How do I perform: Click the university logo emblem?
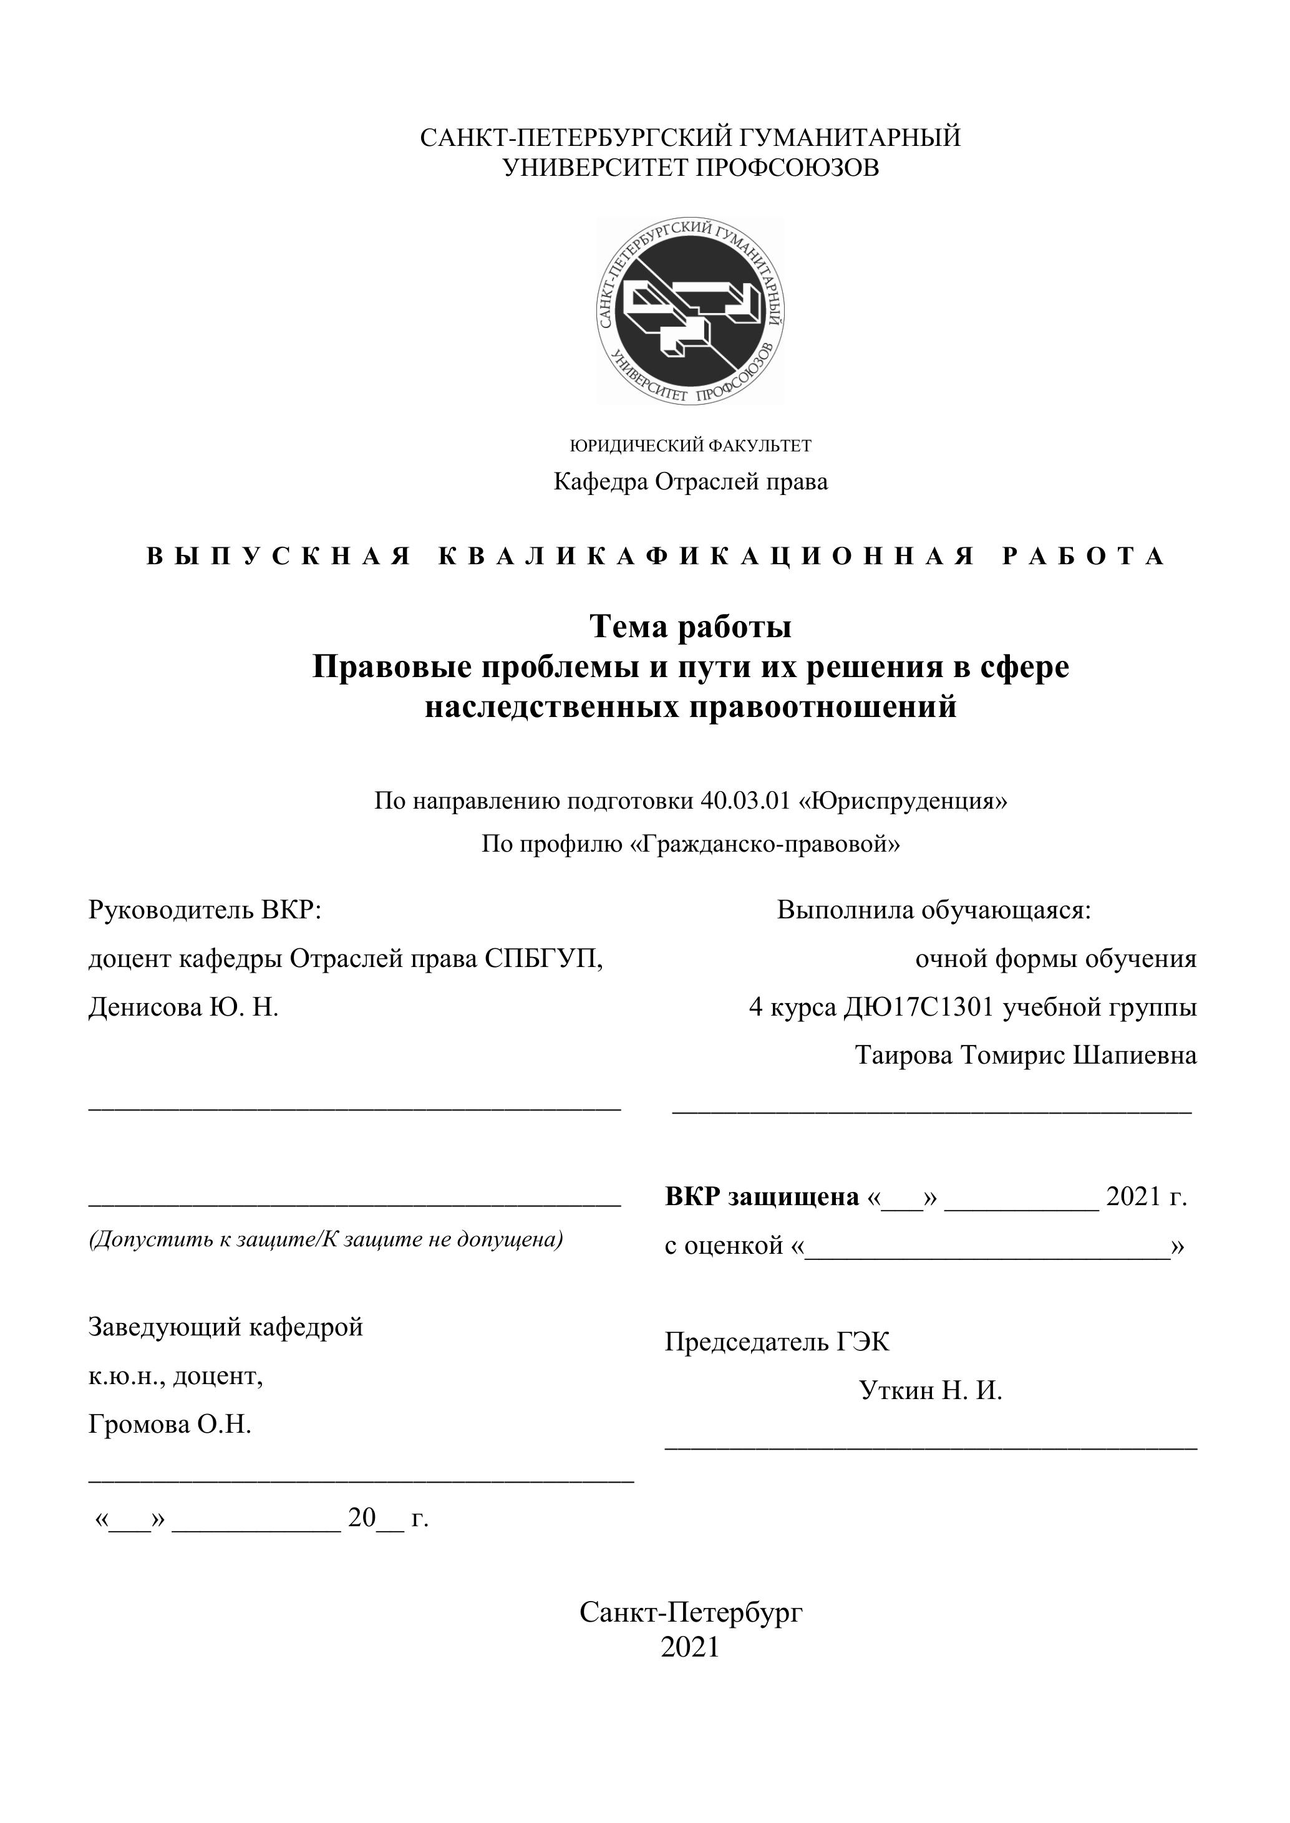click(691, 310)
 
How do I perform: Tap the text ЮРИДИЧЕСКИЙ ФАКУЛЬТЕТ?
click(691, 445)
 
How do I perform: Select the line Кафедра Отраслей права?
click(691, 481)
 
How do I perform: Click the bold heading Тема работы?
click(691, 627)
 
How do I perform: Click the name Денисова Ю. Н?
click(183, 1008)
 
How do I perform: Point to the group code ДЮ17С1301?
click(918, 1008)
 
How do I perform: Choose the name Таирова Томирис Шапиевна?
click(1026, 1056)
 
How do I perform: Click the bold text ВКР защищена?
click(762, 1196)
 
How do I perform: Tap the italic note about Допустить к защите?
click(326, 1239)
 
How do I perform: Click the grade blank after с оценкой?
click(987, 1246)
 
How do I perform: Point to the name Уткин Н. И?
click(930, 1390)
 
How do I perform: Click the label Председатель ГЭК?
click(777, 1342)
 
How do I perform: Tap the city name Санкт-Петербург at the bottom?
click(691, 1612)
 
